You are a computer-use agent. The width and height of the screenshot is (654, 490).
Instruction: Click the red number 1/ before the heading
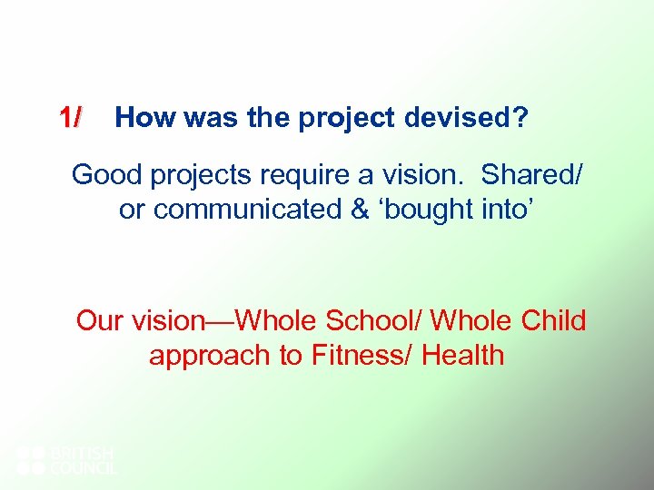(70, 118)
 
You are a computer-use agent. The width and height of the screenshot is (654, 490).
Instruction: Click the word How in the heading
(139, 118)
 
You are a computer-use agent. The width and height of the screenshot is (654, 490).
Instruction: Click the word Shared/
(532, 174)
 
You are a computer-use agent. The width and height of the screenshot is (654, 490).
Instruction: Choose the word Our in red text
(102, 320)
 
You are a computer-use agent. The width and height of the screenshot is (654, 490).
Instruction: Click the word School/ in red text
(372, 320)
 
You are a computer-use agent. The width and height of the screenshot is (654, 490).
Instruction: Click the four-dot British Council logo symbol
(31, 460)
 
